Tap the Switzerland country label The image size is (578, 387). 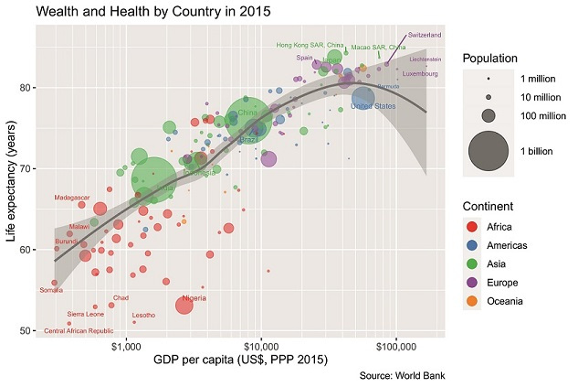tap(424, 35)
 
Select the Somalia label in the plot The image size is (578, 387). tap(52, 290)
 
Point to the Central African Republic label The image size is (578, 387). tap(79, 330)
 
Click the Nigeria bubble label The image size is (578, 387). tap(194, 298)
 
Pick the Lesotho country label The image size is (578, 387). tap(143, 316)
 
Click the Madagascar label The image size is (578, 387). tap(71, 198)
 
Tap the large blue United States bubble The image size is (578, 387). tap(363, 98)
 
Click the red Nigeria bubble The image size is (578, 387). tap(184, 306)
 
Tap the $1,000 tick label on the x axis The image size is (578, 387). tap(125, 348)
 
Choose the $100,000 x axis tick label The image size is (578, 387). tap(396, 348)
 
